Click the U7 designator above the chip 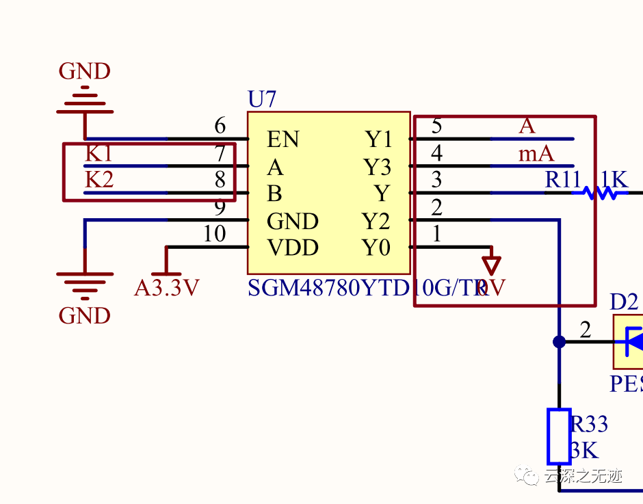[262, 100]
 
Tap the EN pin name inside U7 [283, 140]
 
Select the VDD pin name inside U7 [293, 248]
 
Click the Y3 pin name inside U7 [378, 167]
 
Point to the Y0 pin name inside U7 [376, 248]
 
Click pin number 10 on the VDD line [214, 235]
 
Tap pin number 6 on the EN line [220, 126]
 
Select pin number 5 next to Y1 [436, 126]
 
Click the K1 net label [99, 154]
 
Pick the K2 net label [99, 180]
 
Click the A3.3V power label [166, 288]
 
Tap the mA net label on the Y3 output [536, 154]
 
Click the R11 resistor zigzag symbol [600, 194]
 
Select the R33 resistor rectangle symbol [559, 436]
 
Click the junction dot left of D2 [559, 342]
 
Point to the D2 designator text [624, 302]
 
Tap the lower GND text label [85, 316]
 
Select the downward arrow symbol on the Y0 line [491, 265]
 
